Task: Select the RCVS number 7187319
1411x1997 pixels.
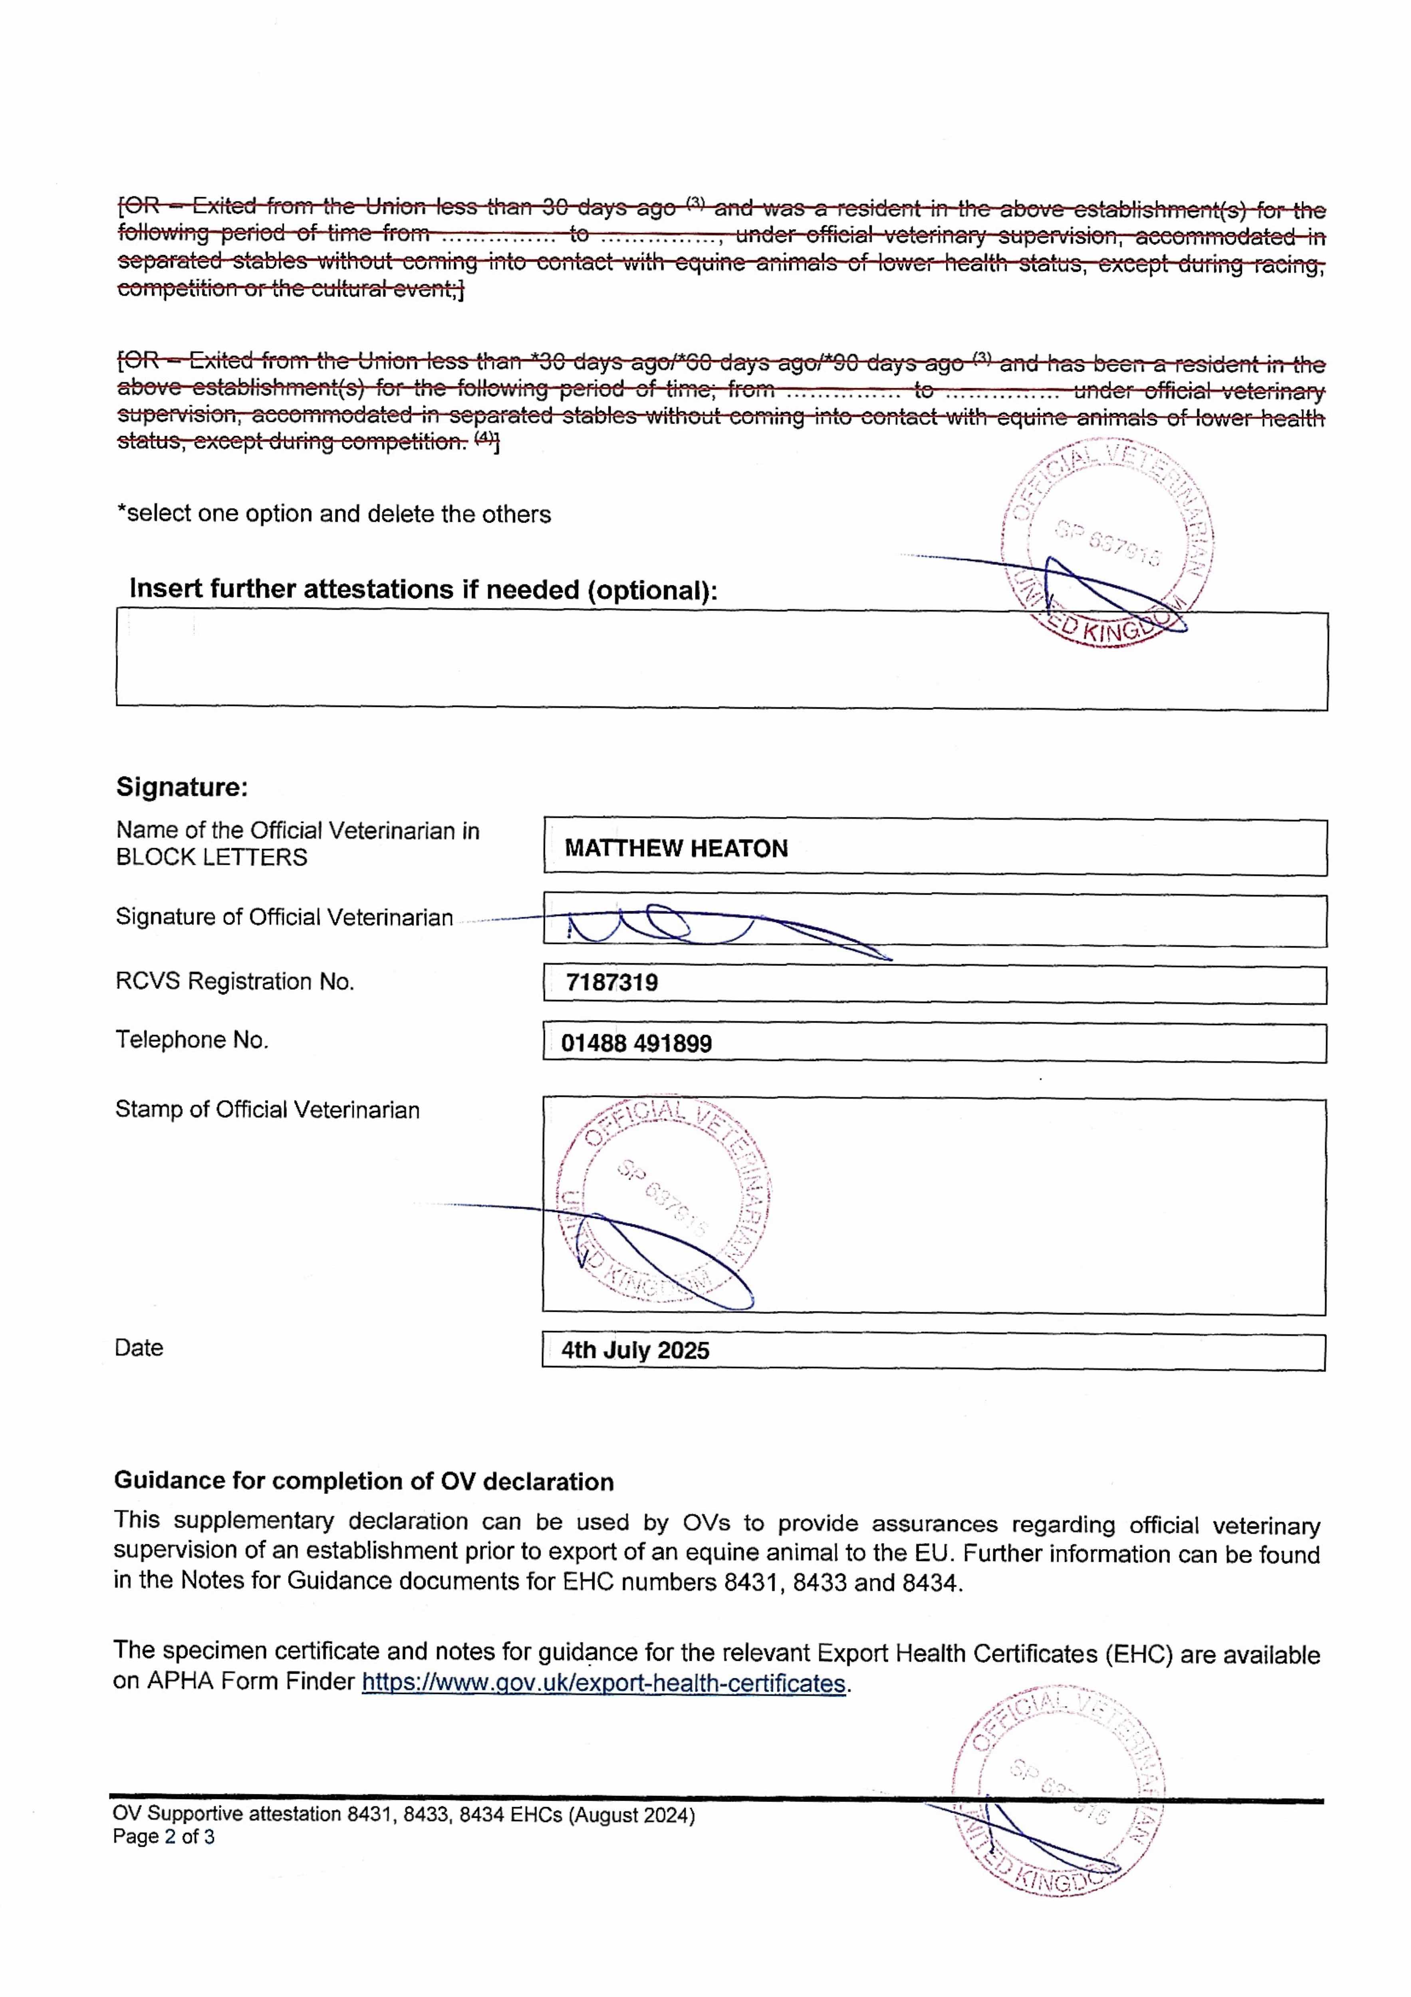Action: point(611,983)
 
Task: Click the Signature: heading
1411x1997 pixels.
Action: point(182,787)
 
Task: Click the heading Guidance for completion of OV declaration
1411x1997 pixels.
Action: point(363,1481)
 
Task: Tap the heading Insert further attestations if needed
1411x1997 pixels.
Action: point(423,590)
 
